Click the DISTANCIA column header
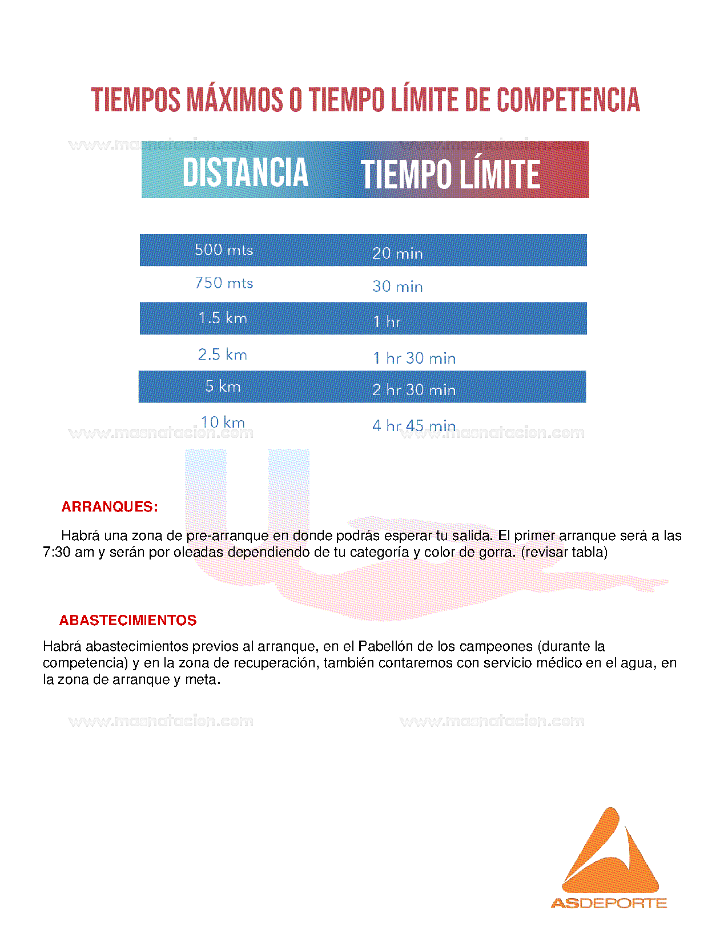[x=246, y=172]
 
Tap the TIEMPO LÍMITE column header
[x=450, y=174]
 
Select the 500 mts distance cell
[x=224, y=250]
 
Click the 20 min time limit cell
[x=397, y=253]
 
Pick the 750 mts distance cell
[x=224, y=283]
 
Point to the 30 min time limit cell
[x=397, y=286]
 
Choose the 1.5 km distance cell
[x=223, y=318]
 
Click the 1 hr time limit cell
[x=387, y=321]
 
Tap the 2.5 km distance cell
[x=223, y=355]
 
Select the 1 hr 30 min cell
[x=414, y=358]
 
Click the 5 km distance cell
[x=223, y=387]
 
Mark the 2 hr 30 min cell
[x=414, y=390]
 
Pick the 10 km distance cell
[x=223, y=422]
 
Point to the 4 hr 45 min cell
[x=414, y=425]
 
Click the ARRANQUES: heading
[x=110, y=507]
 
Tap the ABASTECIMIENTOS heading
[x=128, y=621]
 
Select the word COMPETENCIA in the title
[x=568, y=100]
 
